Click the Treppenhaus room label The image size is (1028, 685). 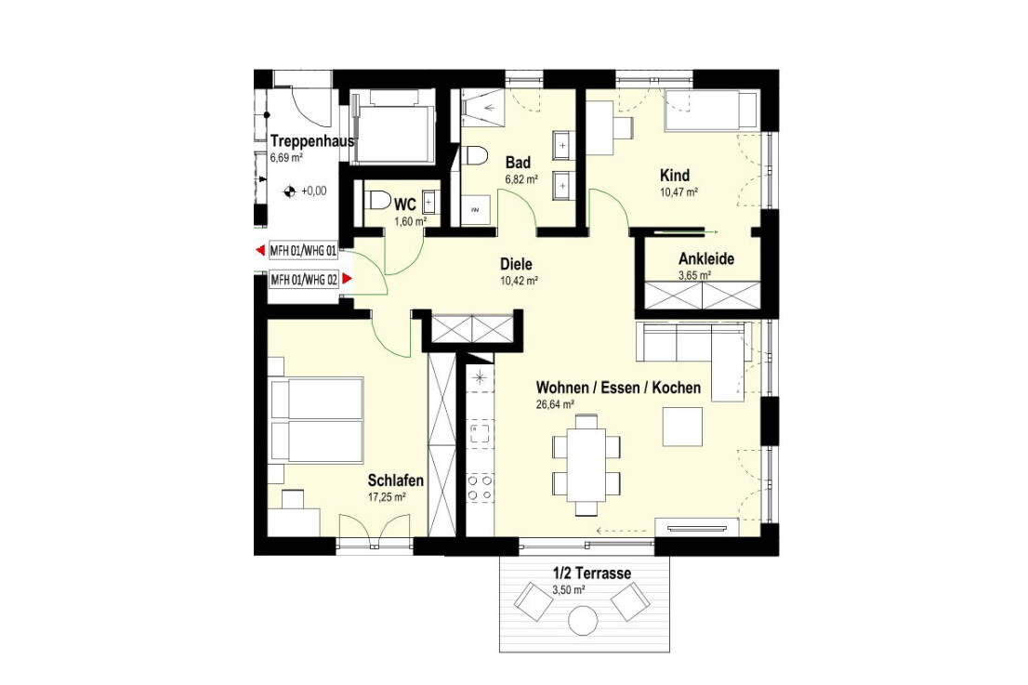click(x=312, y=141)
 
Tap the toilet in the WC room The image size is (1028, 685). click(x=376, y=199)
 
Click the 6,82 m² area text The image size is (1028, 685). click(x=521, y=179)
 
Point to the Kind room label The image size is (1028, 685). click(x=675, y=176)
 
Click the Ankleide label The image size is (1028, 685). click(x=706, y=258)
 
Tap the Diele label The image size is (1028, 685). click(x=516, y=264)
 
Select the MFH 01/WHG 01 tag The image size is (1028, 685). click(x=304, y=250)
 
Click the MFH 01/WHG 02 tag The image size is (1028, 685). click(x=304, y=280)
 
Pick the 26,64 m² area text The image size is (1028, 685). click(x=555, y=404)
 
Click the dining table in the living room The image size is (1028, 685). click(x=586, y=466)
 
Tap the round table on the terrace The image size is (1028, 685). click(x=583, y=620)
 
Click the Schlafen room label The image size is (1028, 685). click(x=395, y=481)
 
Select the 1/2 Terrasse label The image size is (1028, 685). click(x=592, y=573)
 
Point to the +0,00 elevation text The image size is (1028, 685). click(x=313, y=191)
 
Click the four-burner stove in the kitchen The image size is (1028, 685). click(x=480, y=488)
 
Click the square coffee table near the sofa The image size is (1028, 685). click(x=682, y=427)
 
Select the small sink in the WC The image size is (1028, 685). click(x=430, y=198)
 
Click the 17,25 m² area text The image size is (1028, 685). click(x=387, y=497)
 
